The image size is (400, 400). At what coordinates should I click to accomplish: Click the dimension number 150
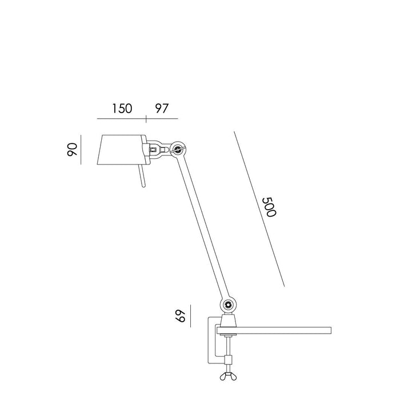pos(121,109)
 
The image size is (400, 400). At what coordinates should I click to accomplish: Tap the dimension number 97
pos(162,109)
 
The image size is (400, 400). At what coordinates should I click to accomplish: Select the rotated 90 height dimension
pos(72,150)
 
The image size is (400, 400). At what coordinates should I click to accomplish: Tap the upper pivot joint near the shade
pos(179,150)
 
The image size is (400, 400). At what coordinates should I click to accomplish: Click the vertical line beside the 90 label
pos(81,150)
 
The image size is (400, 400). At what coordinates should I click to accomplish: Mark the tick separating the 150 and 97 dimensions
pos(146,118)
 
